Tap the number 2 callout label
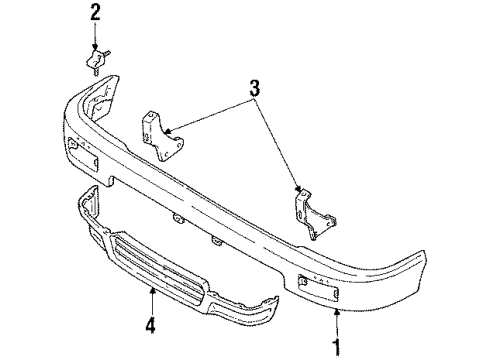click(95, 13)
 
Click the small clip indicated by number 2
click(93, 62)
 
